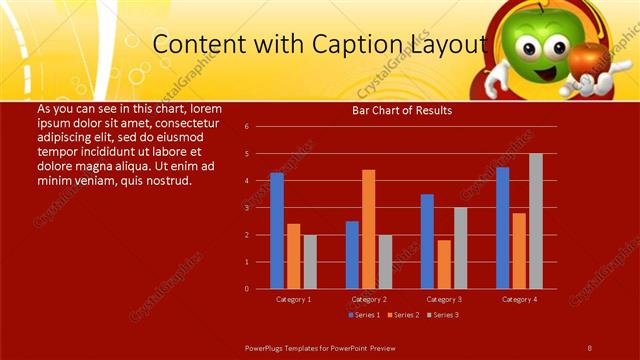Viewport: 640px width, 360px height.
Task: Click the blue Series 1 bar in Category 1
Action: pyautogui.click(x=277, y=231)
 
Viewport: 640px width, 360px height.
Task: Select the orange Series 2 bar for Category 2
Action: pyautogui.click(x=369, y=229)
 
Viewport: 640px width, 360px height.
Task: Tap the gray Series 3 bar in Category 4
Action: pyautogui.click(x=536, y=221)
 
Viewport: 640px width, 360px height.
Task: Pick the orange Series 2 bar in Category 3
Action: pyautogui.click(x=444, y=264)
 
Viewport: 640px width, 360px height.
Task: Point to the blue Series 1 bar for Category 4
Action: pyautogui.click(x=502, y=228)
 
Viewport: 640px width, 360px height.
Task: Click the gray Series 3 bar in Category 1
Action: pyautogui.click(x=310, y=262)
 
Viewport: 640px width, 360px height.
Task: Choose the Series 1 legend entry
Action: pyautogui.click(x=365, y=315)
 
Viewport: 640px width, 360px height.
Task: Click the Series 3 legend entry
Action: pyautogui.click(x=442, y=315)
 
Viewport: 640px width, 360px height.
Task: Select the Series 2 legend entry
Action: pyautogui.click(x=404, y=315)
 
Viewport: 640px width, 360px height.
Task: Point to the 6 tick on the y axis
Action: pyautogui.click(x=246, y=127)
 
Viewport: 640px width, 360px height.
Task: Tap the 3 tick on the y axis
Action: pyautogui.click(x=246, y=208)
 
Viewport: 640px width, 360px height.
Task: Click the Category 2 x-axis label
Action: pyautogui.click(x=369, y=299)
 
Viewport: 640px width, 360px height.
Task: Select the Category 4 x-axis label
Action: pyautogui.click(x=519, y=299)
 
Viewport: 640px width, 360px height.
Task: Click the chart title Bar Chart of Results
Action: pyautogui.click(x=402, y=111)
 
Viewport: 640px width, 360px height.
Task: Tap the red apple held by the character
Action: pyautogui.click(x=586, y=59)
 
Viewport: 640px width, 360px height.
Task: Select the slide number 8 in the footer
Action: pyautogui.click(x=590, y=346)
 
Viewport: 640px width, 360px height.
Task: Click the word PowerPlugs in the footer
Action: pyautogui.click(x=267, y=346)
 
